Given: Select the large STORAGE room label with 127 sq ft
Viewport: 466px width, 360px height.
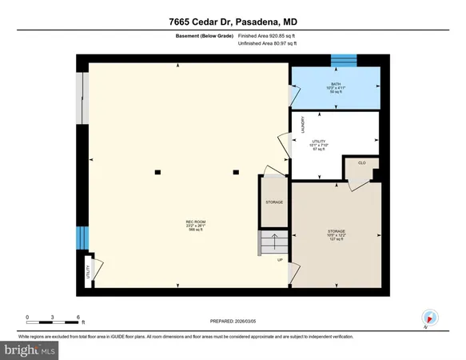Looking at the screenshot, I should [336, 234].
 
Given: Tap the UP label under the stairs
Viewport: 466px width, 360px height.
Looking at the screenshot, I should [280, 261].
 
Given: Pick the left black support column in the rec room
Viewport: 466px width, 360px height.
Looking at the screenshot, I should [158, 171].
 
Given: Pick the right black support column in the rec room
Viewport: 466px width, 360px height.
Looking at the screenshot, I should [236, 171].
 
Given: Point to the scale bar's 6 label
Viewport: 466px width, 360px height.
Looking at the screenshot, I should [78, 318].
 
